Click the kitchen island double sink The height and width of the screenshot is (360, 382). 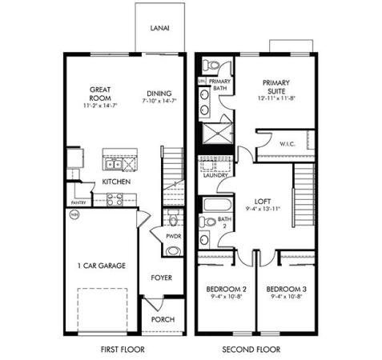tap(117, 165)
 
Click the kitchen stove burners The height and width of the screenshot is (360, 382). tap(115, 200)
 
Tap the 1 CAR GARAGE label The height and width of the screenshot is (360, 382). tap(100, 266)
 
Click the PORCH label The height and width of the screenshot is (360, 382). tap(163, 318)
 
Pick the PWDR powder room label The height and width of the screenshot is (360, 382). tap(173, 237)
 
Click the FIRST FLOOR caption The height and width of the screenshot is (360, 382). tap(122, 350)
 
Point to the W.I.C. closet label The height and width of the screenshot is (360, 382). tap(288, 144)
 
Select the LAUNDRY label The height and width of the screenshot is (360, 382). tap(216, 175)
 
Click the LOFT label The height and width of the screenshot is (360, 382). tap(263, 201)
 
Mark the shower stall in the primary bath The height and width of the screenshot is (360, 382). tap(218, 134)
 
